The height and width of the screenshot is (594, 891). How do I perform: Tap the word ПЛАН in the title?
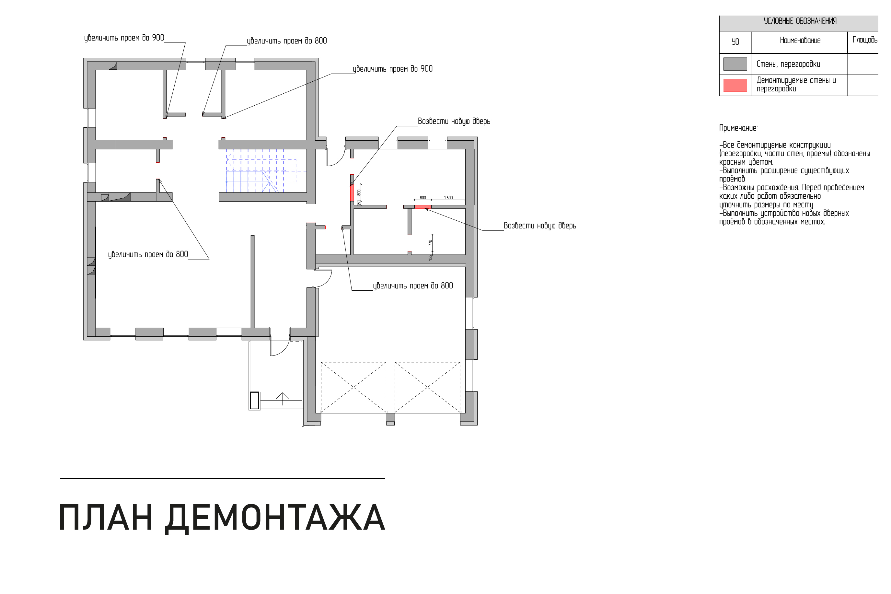click(x=106, y=518)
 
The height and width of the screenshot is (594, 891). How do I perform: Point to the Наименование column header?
click(x=800, y=40)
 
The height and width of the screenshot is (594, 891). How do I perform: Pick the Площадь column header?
click(x=864, y=40)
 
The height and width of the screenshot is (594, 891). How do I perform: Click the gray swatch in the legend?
click(x=735, y=64)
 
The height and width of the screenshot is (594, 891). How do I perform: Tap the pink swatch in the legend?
click(x=735, y=85)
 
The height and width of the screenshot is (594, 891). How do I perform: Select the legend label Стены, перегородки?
click(x=788, y=64)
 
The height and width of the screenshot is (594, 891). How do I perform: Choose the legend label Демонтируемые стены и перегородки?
click(x=796, y=85)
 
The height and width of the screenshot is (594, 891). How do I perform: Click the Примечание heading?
click(x=738, y=128)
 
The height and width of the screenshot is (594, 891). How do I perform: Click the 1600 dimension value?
click(x=448, y=198)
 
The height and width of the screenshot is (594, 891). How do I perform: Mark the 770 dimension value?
click(x=430, y=243)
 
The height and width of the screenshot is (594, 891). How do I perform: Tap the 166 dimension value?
click(x=430, y=258)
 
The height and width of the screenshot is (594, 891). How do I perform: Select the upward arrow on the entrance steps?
click(x=282, y=399)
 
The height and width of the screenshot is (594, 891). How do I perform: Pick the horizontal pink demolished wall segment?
click(x=422, y=206)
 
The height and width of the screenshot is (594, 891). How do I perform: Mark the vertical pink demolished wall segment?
click(x=352, y=193)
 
